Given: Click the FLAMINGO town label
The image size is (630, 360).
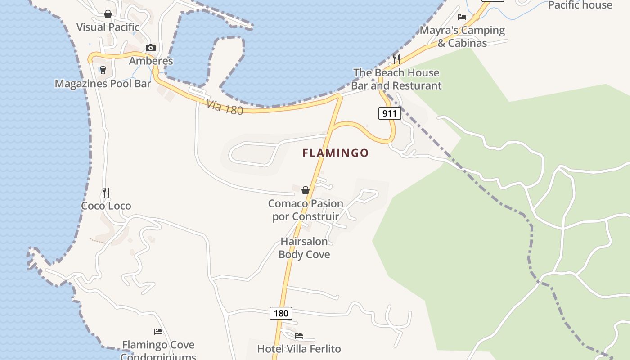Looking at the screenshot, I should (335, 153).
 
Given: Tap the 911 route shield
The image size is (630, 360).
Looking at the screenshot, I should (389, 113).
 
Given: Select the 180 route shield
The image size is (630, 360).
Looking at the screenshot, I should (281, 313).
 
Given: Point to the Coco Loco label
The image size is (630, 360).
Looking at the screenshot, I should (106, 206).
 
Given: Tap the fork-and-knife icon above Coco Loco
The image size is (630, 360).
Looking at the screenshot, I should (106, 193).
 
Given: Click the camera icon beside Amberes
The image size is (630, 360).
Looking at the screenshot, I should (151, 48).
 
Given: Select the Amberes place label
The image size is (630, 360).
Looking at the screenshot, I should (151, 61).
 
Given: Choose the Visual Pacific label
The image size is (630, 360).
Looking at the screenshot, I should (108, 27).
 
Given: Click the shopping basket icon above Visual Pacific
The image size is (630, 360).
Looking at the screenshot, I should (108, 14).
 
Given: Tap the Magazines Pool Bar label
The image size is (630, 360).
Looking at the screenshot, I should (103, 84).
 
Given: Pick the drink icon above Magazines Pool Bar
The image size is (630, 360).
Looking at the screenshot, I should (103, 70).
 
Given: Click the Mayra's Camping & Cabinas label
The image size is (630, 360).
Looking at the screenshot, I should (462, 36).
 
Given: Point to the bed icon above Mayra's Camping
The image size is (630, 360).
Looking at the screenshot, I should (462, 17).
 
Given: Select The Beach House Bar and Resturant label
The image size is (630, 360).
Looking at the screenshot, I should (396, 79).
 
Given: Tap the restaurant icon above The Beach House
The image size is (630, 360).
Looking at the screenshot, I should (396, 59).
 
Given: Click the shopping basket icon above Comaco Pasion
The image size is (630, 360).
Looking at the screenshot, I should (306, 190).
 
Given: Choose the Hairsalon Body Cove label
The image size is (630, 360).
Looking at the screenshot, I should (304, 248).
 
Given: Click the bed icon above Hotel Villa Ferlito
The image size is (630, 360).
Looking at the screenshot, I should (299, 336).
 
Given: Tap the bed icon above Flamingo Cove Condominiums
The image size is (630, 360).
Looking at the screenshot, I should (158, 332).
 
